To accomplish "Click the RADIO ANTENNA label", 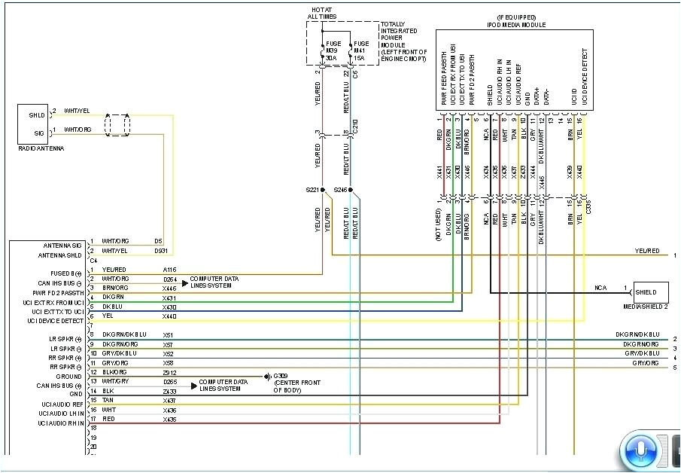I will [x=41, y=148].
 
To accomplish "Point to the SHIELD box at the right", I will [x=650, y=292].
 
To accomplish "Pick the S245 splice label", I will [x=342, y=190].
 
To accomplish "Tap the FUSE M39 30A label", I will [x=332, y=50].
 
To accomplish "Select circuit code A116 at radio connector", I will [x=170, y=269].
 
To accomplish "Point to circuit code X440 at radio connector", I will [x=170, y=316].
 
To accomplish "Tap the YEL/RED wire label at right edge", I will [x=646, y=251].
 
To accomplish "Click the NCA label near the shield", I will [x=600, y=287].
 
